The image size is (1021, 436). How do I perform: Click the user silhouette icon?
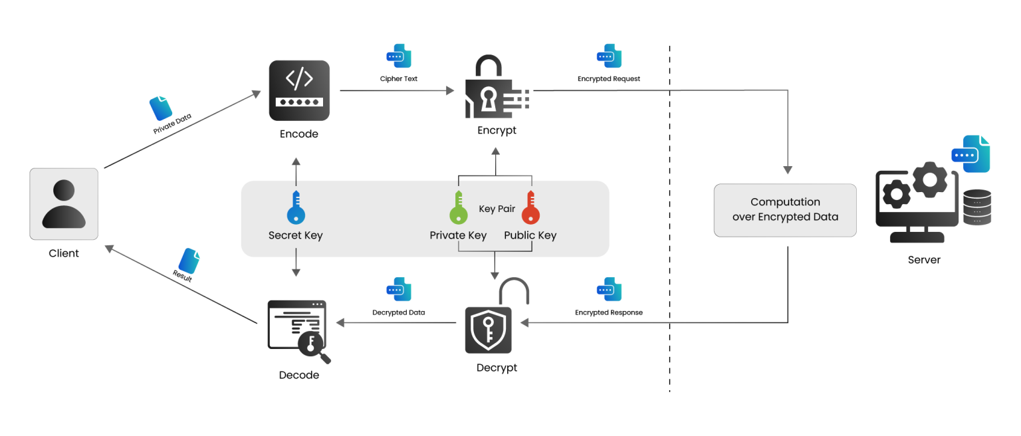tap(64, 203)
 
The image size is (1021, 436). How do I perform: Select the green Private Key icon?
tap(457, 207)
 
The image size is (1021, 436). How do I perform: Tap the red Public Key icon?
tap(530, 207)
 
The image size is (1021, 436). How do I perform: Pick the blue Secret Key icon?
tap(296, 207)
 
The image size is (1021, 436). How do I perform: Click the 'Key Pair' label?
tap(497, 209)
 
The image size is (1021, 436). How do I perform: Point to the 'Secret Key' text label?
tap(296, 235)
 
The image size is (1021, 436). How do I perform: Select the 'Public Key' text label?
tap(530, 235)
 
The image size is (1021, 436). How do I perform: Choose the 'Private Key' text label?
tap(458, 235)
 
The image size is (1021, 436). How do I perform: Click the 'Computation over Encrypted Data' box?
tap(785, 210)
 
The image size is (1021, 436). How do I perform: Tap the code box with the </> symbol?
tap(299, 90)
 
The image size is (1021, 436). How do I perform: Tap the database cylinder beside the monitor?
tap(976, 207)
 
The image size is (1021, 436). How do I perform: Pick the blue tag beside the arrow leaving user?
tap(160, 108)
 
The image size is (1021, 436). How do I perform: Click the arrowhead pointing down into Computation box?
tap(788, 169)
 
